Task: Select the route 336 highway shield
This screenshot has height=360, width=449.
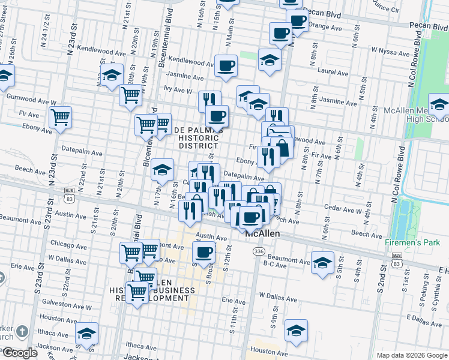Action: click(259, 251)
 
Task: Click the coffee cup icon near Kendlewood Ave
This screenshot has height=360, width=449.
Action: click(226, 65)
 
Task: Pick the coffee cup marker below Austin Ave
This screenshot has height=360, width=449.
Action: click(204, 252)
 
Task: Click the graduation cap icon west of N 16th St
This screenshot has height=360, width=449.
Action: click(162, 170)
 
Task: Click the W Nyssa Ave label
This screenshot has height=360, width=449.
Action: click(390, 50)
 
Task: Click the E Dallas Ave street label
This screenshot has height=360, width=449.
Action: click(423, 317)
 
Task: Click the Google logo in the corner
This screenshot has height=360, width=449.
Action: click(19, 352)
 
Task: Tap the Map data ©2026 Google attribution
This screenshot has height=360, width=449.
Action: click(411, 355)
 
